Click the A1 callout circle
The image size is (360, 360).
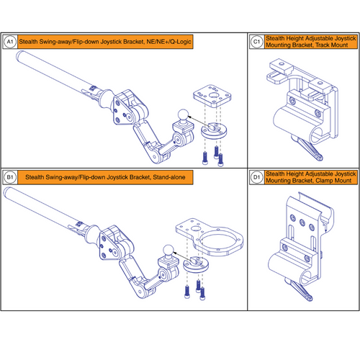click(x=11, y=42)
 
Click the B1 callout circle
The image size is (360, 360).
click(x=11, y=176)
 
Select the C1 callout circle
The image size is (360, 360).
click(x=257, y=42)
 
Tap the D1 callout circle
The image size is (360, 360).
click(x=257, y=176)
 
